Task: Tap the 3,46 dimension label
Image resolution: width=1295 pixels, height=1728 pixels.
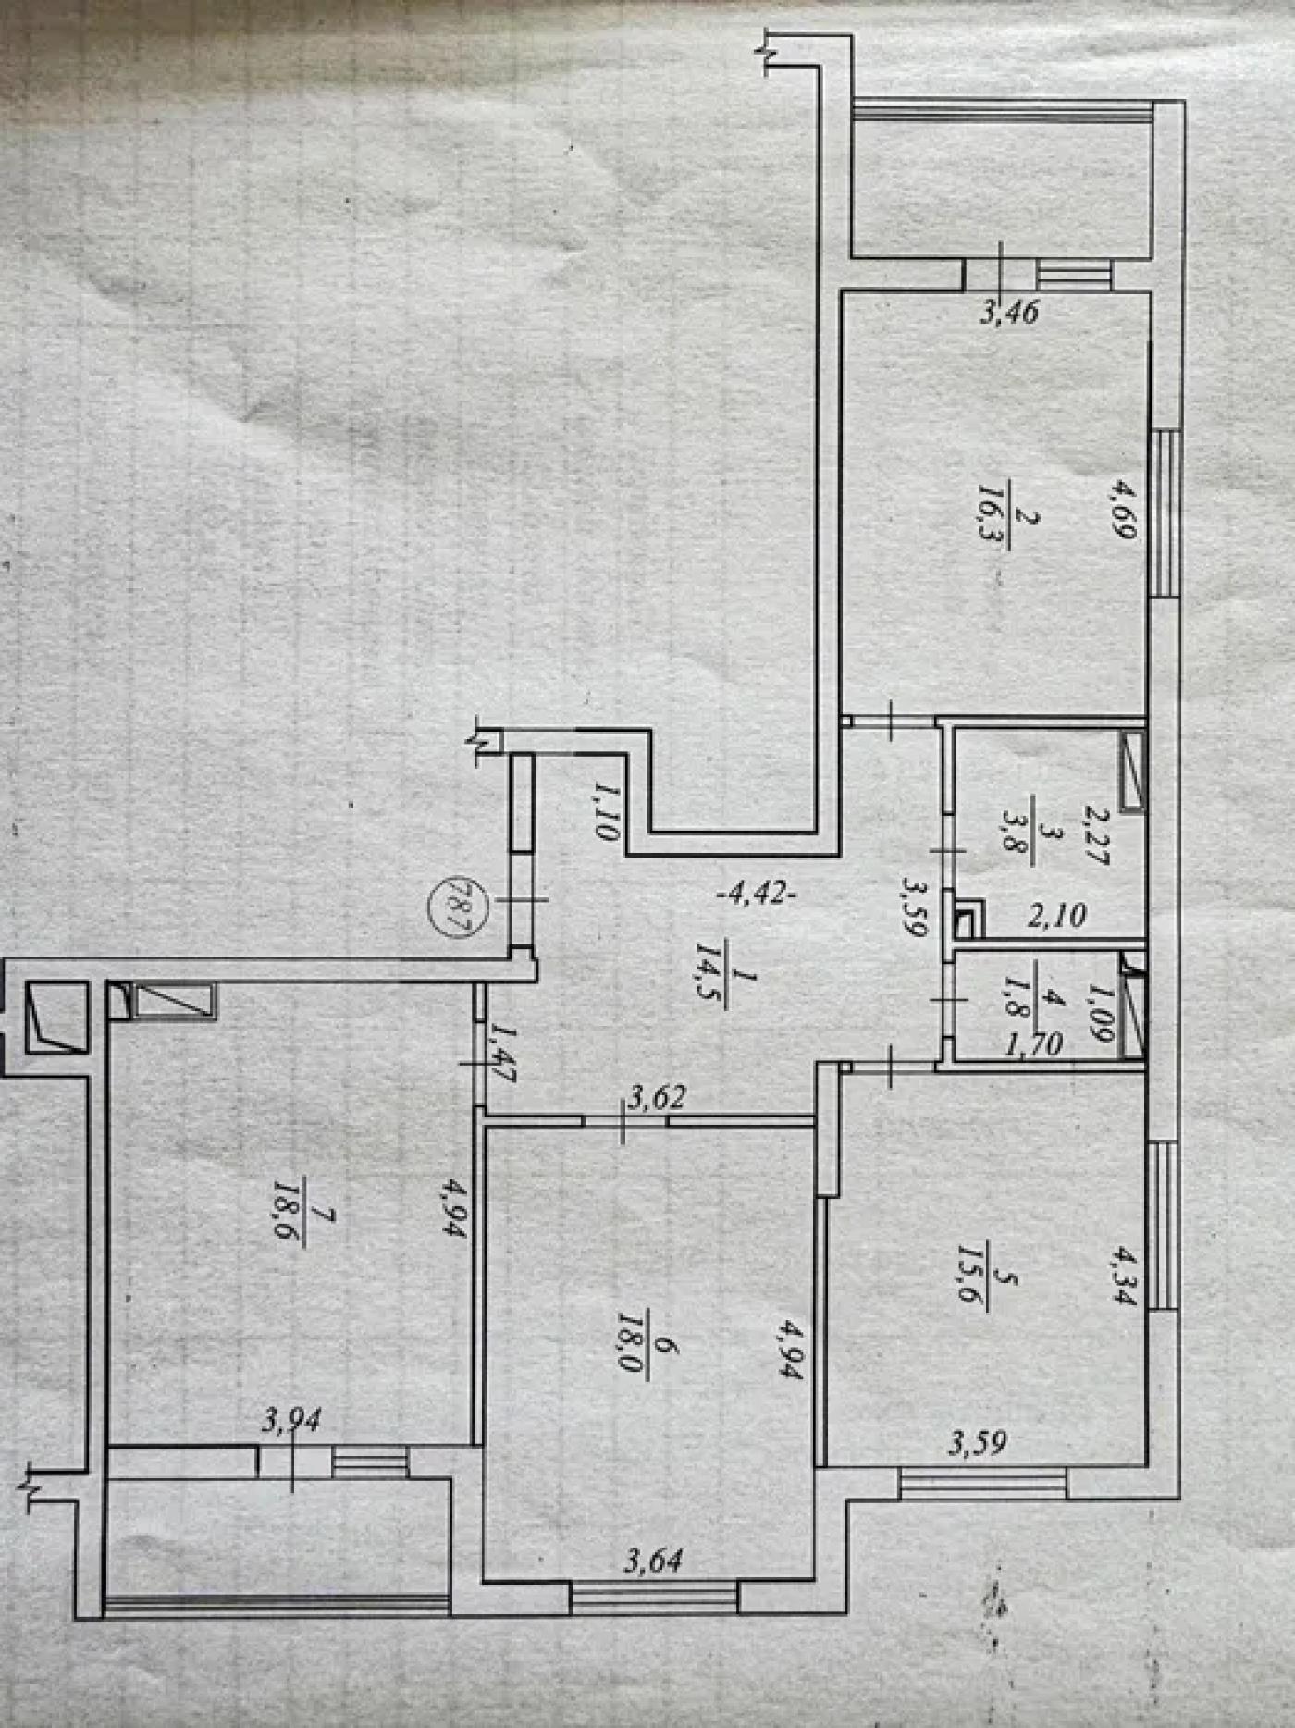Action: click(1009, 312)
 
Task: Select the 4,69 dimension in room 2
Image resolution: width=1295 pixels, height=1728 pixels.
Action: click(1124, 509)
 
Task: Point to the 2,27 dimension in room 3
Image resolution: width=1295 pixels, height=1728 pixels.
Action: click(1096, 835)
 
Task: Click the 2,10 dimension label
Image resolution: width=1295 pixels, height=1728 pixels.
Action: click(1057, 916)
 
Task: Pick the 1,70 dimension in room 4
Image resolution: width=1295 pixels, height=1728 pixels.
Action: click(1033, 1044)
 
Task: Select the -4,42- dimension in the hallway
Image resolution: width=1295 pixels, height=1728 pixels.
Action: click(757, 894)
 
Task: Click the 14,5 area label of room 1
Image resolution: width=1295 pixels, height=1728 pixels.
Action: click(713, 975)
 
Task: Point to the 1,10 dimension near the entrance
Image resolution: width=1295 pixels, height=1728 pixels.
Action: click(606, 810)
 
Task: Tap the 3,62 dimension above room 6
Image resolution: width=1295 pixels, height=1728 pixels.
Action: click(658, 1098)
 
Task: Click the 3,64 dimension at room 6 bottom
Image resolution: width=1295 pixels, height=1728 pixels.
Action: click(654, 1561)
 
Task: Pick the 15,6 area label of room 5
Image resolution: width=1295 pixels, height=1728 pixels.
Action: click(970, 1278)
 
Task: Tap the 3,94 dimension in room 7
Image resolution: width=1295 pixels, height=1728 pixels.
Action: click(291, 1420)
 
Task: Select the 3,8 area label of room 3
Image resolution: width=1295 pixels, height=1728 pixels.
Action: click(1017, 837)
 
